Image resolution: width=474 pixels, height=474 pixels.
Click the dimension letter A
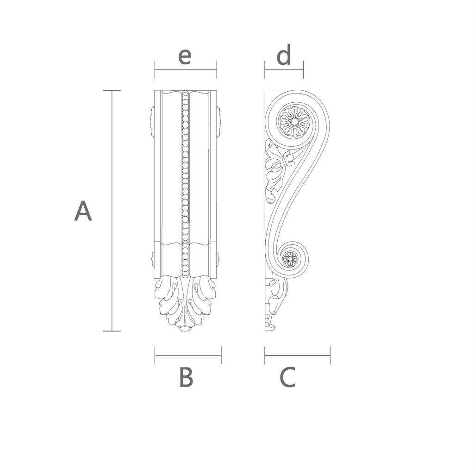click(x=83, y=211)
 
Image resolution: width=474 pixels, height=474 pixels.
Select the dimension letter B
click(x=186, y=377)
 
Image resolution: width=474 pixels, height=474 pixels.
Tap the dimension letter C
click(x=287, y=377)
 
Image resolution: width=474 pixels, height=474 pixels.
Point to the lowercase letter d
click(x=284, y=55)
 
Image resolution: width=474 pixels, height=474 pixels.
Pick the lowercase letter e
click(x=185, y=56)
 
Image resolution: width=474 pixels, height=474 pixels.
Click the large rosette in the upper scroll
click(x=294, y=122)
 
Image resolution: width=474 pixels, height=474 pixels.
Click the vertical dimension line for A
click(x=112, y=211)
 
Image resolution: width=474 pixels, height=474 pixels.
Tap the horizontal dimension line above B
click(x=188, y=355)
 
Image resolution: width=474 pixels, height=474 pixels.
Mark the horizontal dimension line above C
click(x=298, y=355)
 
